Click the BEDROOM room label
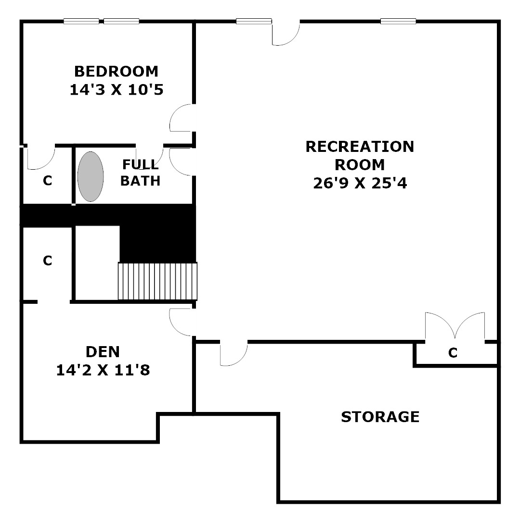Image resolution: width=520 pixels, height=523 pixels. tap(117, 71)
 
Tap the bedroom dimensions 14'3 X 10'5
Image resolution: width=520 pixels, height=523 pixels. tap(117, 90)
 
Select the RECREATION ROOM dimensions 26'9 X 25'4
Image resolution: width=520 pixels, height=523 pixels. tap(360, 183)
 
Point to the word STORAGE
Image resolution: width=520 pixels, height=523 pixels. tap(380, 417)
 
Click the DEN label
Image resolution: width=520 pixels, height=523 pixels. tap(103, 352)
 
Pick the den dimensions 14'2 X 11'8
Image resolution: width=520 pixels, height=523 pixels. tap(103, 370)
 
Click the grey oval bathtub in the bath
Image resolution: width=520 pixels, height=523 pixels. tap(91, 176)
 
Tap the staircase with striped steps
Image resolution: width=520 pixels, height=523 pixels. tap(157, 281)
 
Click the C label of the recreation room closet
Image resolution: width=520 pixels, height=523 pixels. tap(453, 352)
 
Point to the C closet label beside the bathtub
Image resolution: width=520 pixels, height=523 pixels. tap(48, 180)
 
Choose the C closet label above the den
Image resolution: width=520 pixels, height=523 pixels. tap(48, 261)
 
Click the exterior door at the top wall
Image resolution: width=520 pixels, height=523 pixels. tap(286, 33)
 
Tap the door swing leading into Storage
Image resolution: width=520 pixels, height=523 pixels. tap(234, 354)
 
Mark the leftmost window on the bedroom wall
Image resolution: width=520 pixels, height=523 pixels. tap(81, 21)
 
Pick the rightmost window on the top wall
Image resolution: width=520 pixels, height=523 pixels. tap(398, 21)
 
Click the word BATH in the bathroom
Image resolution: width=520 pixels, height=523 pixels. tap(141, 181)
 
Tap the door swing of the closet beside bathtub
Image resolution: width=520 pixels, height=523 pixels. tap(41, 158)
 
